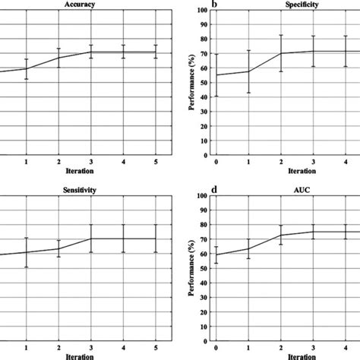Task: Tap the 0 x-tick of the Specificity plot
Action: click(x=217, y=163)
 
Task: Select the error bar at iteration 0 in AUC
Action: click(x=217, y=255)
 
